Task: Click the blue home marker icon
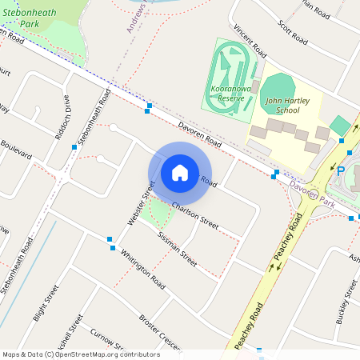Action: [x=180, y=172]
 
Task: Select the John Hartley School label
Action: [x=282, y=106]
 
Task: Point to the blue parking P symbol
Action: [x=341, y=171]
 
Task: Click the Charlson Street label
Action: [x=195, y=214]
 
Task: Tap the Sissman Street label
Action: [x=176, y=248]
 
